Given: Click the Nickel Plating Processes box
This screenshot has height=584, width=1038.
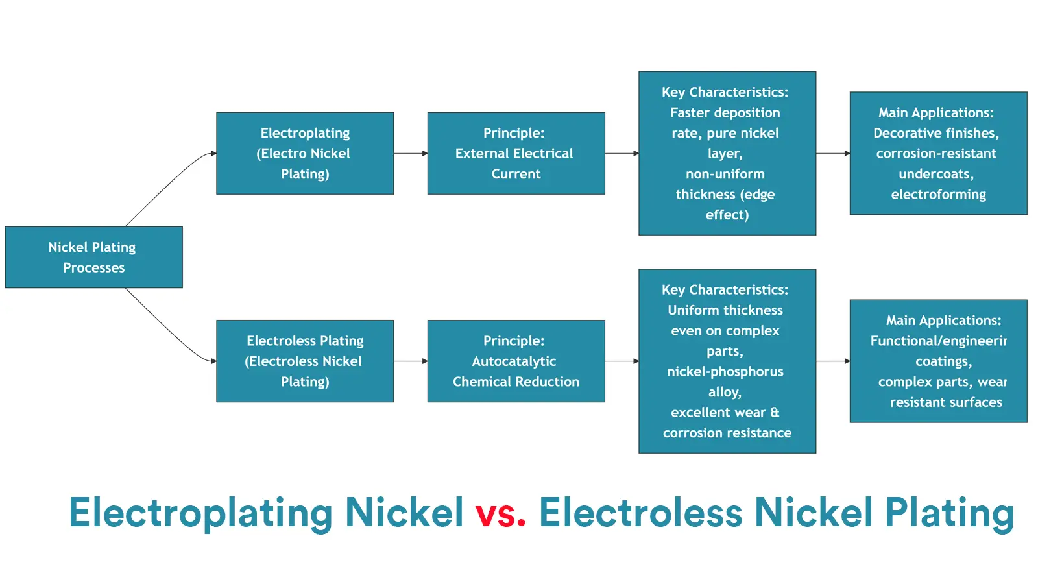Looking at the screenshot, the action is click(x=94, y=257).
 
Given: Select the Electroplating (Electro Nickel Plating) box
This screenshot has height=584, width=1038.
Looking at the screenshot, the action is click(x=305, y=153).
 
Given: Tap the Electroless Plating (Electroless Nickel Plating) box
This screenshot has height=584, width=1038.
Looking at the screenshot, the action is click(x=305, y=361).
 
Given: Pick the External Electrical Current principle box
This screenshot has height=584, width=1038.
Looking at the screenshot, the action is click(x=516, y=153).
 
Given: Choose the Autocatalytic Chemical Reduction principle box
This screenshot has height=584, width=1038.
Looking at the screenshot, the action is click(x=516, y=361).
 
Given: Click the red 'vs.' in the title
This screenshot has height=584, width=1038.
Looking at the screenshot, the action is click(x=500, y=513).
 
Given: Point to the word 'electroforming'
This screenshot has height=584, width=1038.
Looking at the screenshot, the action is click(x=938, y=194).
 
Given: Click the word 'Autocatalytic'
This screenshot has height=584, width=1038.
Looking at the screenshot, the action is click(x=514, y=361).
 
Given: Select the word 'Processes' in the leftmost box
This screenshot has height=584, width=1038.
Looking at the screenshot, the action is click(x=94, y=268).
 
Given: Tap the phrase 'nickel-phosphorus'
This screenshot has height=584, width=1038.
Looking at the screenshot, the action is click(x=725, y=372).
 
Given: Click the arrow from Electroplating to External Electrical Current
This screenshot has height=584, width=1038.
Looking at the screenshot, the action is click(x=411, y=153).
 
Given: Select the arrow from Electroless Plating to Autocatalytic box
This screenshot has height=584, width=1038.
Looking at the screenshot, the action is click(x=411, y=361).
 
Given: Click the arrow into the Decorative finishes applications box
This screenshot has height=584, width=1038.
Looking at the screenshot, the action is click(x=833, y=153).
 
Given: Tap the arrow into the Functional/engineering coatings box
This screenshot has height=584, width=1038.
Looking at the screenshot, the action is click(x=833, y=361).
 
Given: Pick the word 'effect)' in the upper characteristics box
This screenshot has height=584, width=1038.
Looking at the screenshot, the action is click(x=727, y=215).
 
